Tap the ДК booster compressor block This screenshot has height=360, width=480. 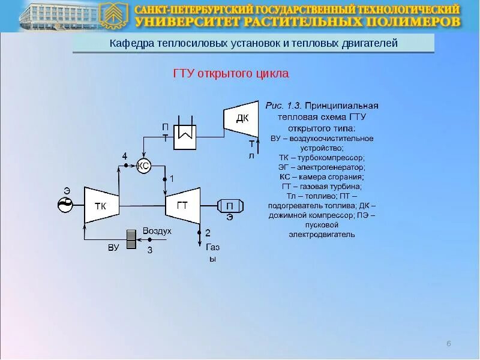click(241, 118)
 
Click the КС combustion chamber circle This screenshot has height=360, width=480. click(143, 166)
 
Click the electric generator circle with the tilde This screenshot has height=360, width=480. click(65, 205)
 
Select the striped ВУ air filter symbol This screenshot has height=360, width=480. click(131, 239)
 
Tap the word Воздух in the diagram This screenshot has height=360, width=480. click(157, 231)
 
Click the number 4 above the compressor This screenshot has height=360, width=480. click(125, 156)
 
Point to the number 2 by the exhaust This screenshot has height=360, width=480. click(208, 233)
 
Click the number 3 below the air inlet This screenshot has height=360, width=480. click(150, 250)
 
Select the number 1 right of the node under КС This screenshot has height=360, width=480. click(172, 179)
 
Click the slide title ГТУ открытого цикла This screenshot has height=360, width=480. click(231, 74)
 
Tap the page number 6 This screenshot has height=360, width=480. click(448, 343)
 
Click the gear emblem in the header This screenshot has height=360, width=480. click(114, 16)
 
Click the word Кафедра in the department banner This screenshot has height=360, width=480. click(132, 43)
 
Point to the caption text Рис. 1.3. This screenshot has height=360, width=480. click(284, 106)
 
